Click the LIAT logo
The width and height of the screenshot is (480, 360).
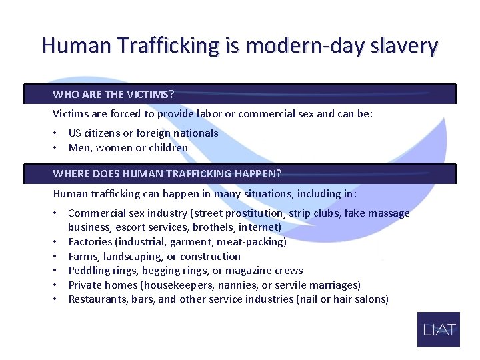pos(439,329)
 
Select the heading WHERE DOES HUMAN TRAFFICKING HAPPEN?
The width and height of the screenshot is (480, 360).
pos(167,173)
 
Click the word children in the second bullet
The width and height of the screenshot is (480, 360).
pos(170,147)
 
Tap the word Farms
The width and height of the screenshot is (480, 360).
pos(83,256)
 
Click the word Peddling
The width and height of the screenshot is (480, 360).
pos(90,270)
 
